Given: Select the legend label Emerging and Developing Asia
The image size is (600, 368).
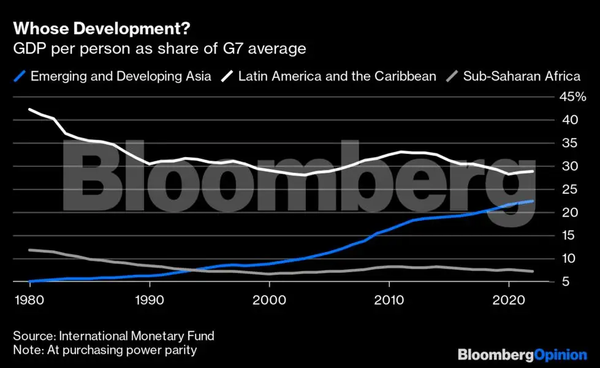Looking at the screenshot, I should point(121,77).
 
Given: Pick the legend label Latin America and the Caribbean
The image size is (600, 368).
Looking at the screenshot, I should point(337,77).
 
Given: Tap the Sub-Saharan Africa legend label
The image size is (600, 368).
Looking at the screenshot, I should point(522,77).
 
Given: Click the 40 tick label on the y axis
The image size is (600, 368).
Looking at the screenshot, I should point(570,120).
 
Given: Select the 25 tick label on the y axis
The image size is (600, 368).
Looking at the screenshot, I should point(570,190).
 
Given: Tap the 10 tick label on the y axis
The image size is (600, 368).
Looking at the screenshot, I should point(570,259).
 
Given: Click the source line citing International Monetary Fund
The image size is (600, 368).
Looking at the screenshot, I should point(113,336).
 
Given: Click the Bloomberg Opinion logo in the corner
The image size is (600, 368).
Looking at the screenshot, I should point(522,354).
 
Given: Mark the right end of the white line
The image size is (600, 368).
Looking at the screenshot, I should point(533,171).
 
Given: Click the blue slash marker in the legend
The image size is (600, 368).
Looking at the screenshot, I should point(20,77).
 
